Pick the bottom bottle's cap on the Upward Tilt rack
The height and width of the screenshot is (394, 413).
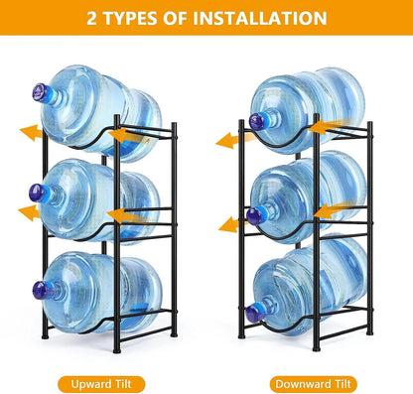point(42,291)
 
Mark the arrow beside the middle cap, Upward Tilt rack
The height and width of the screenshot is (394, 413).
point(29,211)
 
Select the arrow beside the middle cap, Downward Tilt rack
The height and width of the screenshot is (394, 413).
point(230,223)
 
